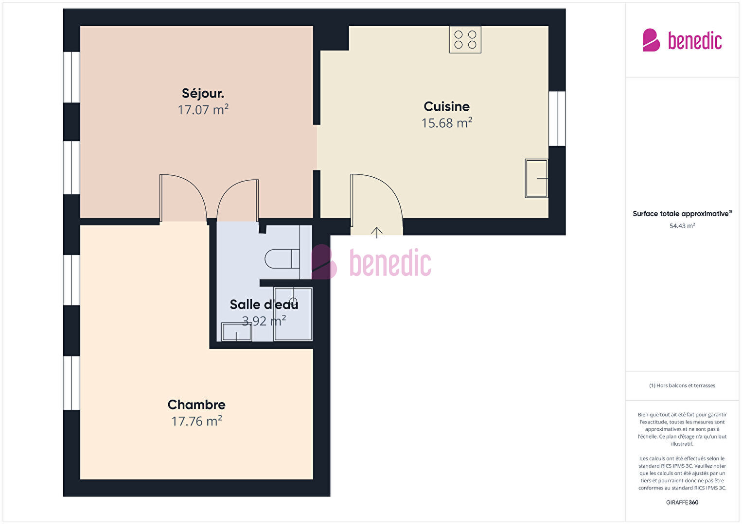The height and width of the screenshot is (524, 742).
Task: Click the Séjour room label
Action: click(x=203, y=94)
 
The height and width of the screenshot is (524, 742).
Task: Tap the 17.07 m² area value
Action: click(x=203, y=109)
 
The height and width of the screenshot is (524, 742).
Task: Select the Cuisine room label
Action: click(x=446, y=106)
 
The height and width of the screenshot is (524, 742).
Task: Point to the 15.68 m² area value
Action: click(x=446, y=123)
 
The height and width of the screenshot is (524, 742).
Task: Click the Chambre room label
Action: click(x=196, y=405)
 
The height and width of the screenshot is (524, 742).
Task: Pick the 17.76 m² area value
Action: click(x=196, y=421)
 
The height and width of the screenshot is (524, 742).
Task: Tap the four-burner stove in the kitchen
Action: click(x=465, y=39)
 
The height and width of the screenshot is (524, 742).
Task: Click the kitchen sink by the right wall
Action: click(x=536, y=179)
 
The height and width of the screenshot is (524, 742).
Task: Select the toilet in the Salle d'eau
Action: click(x=282, y=259)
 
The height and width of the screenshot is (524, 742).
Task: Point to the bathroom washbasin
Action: click(x=236, y=332)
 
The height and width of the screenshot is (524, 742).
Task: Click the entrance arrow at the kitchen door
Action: click(x=377, y=233)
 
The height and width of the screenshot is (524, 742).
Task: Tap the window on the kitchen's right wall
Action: click(x=557, y=119)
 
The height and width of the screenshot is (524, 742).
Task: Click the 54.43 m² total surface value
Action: click(x=682, y=226)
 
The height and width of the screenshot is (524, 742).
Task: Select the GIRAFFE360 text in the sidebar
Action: click(x=682, y=502)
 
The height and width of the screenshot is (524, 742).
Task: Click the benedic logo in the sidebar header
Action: click(x=682, y=40)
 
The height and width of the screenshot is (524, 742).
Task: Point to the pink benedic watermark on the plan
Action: click(x=371, y=262)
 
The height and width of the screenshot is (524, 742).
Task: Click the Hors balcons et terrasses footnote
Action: click(x=682, y=386)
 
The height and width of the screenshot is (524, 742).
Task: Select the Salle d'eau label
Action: click(x=264, y=304)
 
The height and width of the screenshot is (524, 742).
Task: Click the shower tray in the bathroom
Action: click(x=293, y=314)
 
